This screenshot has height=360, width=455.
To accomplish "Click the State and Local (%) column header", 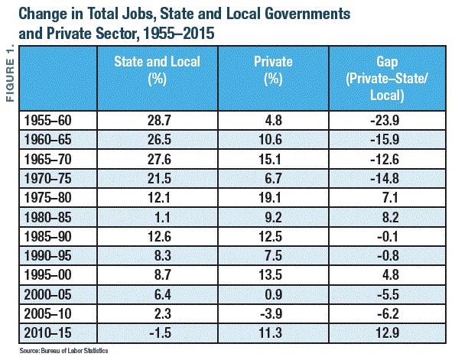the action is pyautogui.click(x=158, y=70).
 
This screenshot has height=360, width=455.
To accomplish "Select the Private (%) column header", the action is pyautogui.click(x=273, y=70).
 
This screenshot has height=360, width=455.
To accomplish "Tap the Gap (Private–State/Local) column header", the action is pyautogui.click(x=387, y=78).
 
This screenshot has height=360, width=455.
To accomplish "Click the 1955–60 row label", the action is pyautogui.click(x=47, y=121).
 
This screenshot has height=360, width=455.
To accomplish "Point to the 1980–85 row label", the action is pyautogui.click(x=47, y=217).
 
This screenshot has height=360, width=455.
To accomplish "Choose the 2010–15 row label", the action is pyautogui.click(x=47, y=332).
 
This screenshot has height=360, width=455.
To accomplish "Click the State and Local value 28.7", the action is pyautogui.click(x=159, y=121).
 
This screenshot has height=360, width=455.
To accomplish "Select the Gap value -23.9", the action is pyautogui.click(x=385, y=121).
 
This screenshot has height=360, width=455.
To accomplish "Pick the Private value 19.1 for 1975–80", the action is pyautogui.click(x=270, y=198).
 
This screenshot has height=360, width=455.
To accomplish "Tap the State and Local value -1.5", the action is pyautogui.click(x=160, y=332).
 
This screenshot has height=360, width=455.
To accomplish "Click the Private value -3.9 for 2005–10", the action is pyautogui.click(x=271, y=314).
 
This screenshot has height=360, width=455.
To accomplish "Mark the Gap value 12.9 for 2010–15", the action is pyautogui.click(x=388, y=332).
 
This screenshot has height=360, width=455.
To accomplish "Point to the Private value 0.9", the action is pyautogui.click(x=273, y=295).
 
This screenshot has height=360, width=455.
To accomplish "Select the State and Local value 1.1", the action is pyautogui.click(x=162, y=217).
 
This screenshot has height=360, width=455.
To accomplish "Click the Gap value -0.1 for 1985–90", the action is pyautogui.click(x=388, y=237).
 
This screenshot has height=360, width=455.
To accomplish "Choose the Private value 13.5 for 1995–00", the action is pyautogui.click(x=270, y=274).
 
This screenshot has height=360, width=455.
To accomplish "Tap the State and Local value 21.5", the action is pyautogui.click(x=159, y=178).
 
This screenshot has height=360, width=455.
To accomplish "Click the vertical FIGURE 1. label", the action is pyautogui.click(x=10, y=73).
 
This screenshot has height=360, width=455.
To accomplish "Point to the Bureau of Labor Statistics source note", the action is pyautogui.click(x=63, y=351).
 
